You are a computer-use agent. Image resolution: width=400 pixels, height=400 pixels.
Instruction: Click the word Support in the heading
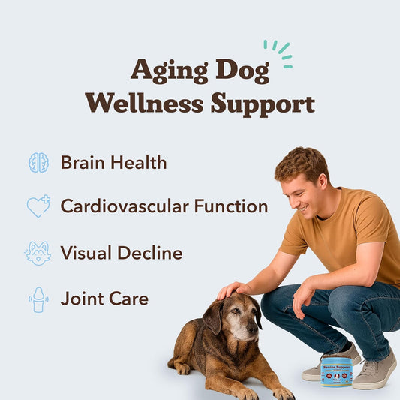click(262, 103)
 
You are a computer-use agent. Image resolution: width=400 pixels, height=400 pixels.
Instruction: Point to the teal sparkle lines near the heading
click(280, 53)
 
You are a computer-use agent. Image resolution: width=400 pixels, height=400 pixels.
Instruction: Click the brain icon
click(38, 162)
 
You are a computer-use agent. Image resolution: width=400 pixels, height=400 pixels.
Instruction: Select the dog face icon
click(38, 253)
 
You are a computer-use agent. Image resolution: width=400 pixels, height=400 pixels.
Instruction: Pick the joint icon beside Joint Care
click(38, 299)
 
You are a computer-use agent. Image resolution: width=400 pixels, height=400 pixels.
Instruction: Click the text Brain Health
click(113, 162)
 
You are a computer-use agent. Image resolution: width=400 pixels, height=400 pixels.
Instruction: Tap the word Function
click(233, 206)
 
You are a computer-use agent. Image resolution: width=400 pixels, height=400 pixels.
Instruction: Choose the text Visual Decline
click(121, 253)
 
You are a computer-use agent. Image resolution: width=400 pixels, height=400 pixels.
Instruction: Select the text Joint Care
click(104, 299)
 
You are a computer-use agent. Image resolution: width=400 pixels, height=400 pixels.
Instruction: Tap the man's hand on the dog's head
click(233, 290)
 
